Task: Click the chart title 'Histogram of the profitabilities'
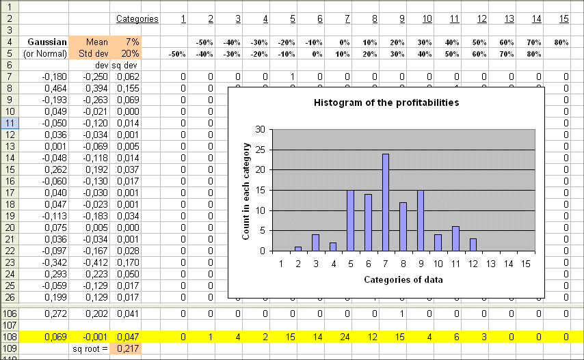point(386,102)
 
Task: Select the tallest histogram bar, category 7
point(386,203)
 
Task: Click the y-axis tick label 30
point(259,129)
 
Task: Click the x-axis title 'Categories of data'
point(403,279)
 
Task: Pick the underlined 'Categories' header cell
point(137,18)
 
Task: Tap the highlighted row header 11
point(9,123)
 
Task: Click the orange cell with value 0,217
point(128,348)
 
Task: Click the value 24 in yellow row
point(347,337)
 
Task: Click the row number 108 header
point(9,337)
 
